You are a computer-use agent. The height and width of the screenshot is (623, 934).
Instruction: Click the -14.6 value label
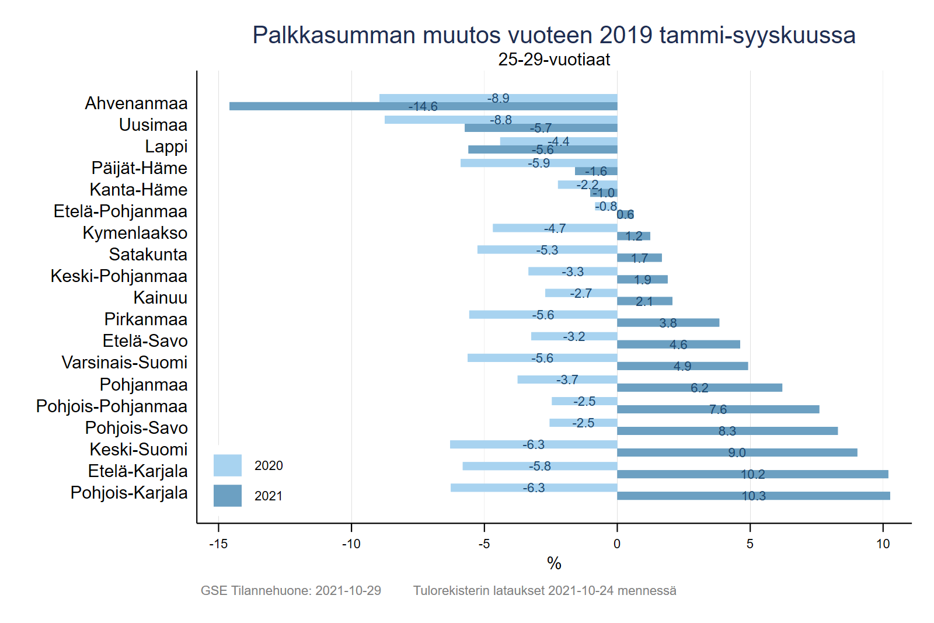click(x=423, y=107)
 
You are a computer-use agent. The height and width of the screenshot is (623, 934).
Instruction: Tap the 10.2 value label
click(x=752, y=475)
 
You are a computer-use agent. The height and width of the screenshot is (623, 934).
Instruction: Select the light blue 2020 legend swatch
click(x=227, y=465)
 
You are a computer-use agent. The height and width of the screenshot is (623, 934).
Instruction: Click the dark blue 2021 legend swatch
click(x=227, y=496)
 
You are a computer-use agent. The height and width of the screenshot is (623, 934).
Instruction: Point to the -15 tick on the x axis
click(x=218, y=544)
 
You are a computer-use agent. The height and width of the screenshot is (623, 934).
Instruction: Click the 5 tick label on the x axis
click(x=750, y=544)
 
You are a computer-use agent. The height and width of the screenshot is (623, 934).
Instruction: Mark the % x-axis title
click(x=554, y=563)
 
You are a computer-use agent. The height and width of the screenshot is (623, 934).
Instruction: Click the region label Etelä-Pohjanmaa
click(x=120, y=211)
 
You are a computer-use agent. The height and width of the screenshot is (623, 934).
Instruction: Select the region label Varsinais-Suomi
click(x=124, y=363)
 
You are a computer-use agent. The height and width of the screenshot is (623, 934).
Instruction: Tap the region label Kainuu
click(x=160, y=298)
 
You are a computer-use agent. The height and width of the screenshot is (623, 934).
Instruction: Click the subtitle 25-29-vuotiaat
click(x=554, y=60)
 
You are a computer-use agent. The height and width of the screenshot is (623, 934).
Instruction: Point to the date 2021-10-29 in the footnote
click(x=348, y=590)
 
